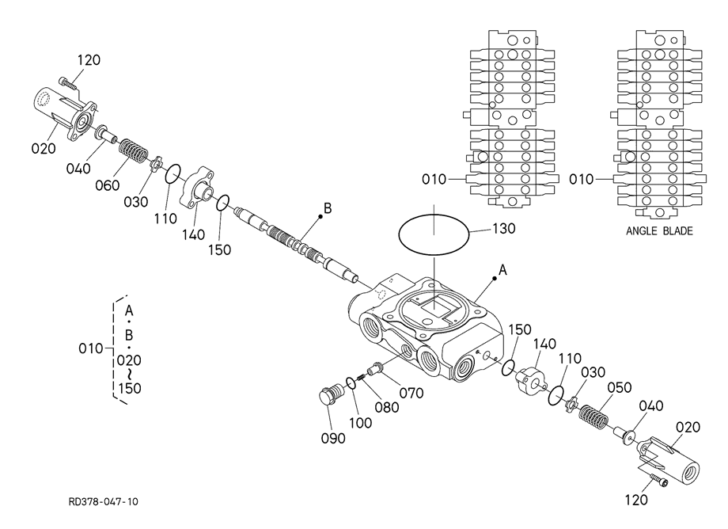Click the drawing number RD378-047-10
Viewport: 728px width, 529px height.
click(x=103, y=502)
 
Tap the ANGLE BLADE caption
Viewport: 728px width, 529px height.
click(x=659, y=230)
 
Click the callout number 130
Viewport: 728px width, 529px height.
click(x=504, y=229)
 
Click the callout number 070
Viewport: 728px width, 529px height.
click(x=411, y=394)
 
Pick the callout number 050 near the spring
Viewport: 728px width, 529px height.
click(x=620, y=387)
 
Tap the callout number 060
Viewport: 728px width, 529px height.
click(x=108, y=185)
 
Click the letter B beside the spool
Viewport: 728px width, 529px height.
click(x=328, y=208)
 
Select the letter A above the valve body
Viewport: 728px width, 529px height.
click(x=502, y=270)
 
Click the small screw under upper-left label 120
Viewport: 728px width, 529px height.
click(x=68, y=84)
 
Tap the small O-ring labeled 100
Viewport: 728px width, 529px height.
click(x=351, y=383)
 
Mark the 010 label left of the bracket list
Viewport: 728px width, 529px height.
click(x=90, y=348)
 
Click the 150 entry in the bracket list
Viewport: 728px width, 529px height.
click(x=129, y=388)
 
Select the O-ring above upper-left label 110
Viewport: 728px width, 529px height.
click(x=173, y=173)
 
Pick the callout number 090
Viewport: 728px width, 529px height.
click(x=333, y=439)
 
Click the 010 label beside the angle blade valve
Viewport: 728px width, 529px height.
click(x=582, y=179)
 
